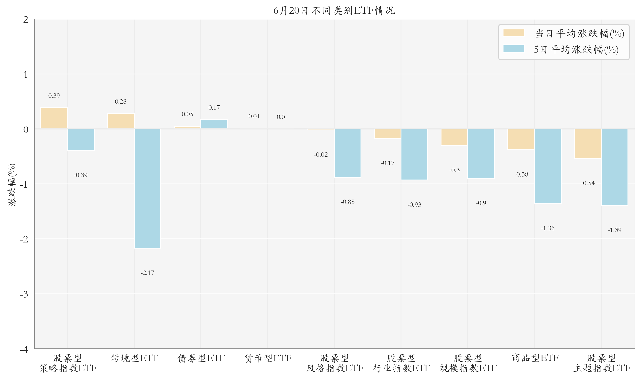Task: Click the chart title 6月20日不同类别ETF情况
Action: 334,11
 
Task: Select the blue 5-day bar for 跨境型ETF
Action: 148,188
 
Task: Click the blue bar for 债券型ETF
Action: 214,124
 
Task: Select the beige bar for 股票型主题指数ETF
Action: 588,144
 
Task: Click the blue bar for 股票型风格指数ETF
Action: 347,153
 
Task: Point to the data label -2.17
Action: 148,273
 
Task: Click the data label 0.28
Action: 121,102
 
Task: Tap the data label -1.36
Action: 548,228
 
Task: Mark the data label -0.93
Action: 414,205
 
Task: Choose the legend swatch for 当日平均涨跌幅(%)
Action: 513,33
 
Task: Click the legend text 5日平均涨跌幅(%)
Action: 576,49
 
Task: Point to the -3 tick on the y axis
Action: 24,294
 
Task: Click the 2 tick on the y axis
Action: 26,20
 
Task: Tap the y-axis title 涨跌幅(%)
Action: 12,185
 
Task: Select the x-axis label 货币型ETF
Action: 268,358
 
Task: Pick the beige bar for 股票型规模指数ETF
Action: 454,137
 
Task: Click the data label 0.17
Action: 214,108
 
